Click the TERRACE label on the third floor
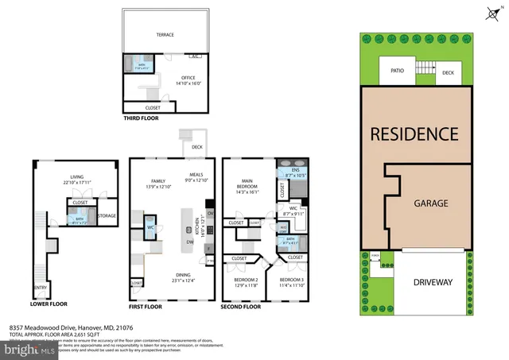click(165, 35)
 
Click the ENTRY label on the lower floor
click(40, 288)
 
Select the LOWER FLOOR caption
click(49, 304)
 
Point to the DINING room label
click(184, 273)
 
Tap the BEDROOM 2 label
click(246, 281)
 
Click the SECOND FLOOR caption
click(241, 305)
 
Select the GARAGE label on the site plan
click(430, 203)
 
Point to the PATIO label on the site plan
click(398, 70)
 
